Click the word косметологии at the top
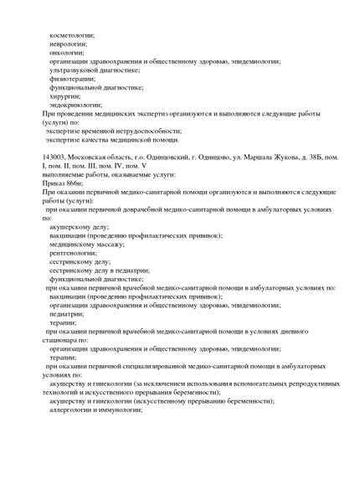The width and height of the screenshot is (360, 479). [x=72, y=35]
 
